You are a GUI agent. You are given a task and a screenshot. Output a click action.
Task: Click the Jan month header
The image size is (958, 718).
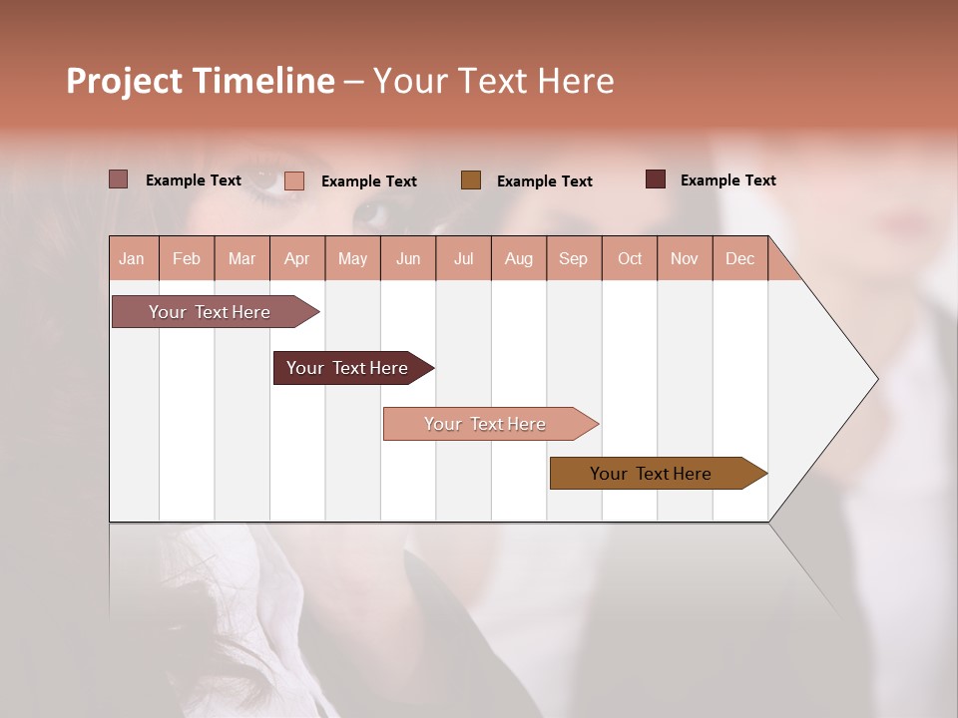(x=132, y=259)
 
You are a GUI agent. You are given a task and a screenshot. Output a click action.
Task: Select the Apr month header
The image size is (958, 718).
(x=296, y=259)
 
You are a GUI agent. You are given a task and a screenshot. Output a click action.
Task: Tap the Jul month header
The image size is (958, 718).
(x=463, y=259)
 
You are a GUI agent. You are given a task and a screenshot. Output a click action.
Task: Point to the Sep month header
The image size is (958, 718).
(x=573, y=259)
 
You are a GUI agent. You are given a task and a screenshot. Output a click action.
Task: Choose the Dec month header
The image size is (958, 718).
(x=739, y=259)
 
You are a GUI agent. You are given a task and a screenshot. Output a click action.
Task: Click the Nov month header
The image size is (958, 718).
(x=684, y=259)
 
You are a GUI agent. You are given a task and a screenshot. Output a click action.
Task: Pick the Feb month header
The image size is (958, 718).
(x=187, y=259)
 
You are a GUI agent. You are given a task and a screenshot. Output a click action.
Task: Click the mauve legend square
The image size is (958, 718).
(x=118, y=179)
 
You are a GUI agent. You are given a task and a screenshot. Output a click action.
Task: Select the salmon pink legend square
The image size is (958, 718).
(x=294, y=180)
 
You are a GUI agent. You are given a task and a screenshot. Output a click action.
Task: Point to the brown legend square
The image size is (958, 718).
(x=471, y=179)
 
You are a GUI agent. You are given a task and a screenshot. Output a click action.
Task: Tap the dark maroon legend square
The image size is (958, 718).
(x=656, y=179)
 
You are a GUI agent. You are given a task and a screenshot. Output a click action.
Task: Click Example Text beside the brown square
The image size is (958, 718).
(x=544, y=181)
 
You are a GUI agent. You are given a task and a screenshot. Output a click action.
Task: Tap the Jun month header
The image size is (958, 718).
(x=408, y=259)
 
